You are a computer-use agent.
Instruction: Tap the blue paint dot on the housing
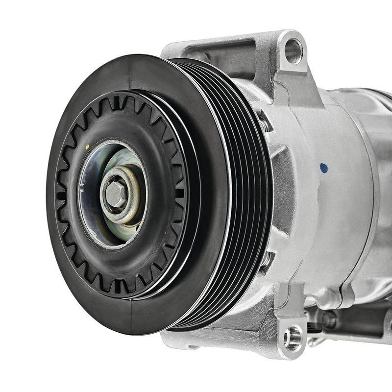point(323,168)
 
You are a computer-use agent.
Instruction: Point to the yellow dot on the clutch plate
point(87,147)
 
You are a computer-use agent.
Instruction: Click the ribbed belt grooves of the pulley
point(245,196)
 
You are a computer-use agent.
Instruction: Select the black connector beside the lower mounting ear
point(314,327)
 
